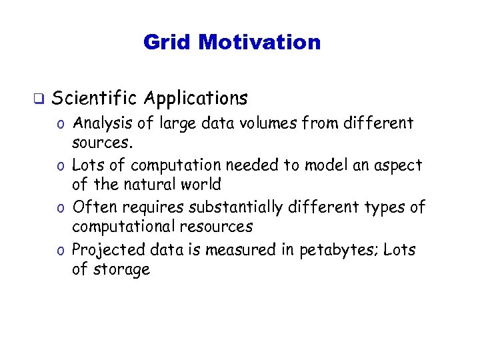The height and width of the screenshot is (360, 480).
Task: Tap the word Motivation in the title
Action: (x=259, y=43)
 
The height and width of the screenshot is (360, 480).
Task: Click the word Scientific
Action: (x=93, y=99)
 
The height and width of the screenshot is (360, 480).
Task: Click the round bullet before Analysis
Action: (x=61, y=124)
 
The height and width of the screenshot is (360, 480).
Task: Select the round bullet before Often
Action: (x=61, y=208)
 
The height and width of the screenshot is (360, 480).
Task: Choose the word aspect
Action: (x=399, y=166)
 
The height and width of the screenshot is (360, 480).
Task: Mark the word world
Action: (x=199, y=184)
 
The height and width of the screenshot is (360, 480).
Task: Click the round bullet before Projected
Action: (x=61, y=251)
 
